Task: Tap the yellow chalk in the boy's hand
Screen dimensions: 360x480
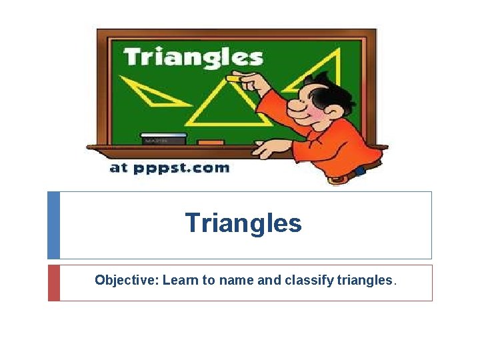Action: pos(235,79)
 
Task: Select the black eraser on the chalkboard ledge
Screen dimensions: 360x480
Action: pos(163,138)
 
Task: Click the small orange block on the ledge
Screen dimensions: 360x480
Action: pos(211,141)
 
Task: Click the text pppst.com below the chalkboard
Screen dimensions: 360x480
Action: pos(181,168)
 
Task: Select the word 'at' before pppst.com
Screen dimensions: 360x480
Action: pos(118,168)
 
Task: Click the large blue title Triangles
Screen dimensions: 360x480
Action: pos(243,223)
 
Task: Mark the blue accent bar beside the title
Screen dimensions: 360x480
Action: pos(53,225)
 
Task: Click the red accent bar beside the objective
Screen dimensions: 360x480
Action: pos(53,283)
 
